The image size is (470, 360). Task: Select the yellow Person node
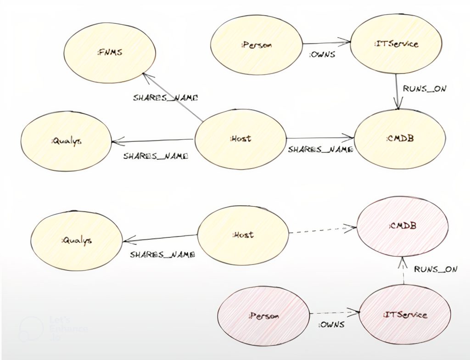pyautogui.click(x=257, y=45)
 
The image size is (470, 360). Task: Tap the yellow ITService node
pyautogui.click(x=396, y=45)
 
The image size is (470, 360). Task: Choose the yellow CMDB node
pyautogui.click(x=399, y=139)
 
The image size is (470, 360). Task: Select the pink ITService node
pyautogui.click(x=404, y=315)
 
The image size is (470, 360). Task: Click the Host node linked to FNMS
pyautogui.click(x=241, y=139)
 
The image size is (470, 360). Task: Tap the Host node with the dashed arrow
pyautogui.click(x=243, y=235)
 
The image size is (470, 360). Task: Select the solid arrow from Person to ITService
pyautogui.click(x=326, y=44)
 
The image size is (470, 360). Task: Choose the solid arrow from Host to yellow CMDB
pyautogui.click(x=319, y=137)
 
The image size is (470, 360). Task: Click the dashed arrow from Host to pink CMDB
pyautogui.click(x=322, y=230)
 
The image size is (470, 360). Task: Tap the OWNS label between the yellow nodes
pyautogui.click(x=322, y=55)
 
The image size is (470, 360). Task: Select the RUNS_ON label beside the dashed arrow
pyautogui.click(x=436, y=270)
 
